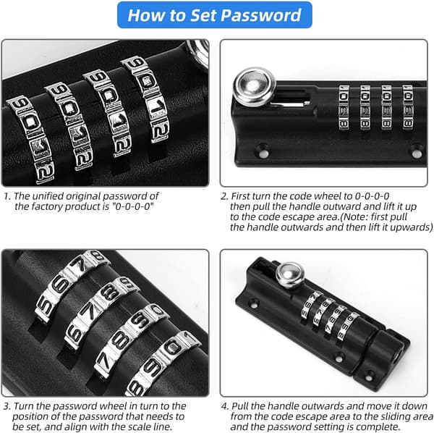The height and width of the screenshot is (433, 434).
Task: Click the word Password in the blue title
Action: pyautogui.click(x=260, y=15)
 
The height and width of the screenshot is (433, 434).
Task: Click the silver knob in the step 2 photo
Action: pyautogui.click(x=255, y=87)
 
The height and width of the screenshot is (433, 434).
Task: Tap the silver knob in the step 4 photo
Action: pyautogui.click(x=290, y=274)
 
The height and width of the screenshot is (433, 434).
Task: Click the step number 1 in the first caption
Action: pyautogui.click(x=7, y=196)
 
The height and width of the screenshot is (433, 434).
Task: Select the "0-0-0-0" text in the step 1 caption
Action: pyautogui.click(x=132, y=206)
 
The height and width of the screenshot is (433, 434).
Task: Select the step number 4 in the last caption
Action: pyautogui.click(x=225, y=406)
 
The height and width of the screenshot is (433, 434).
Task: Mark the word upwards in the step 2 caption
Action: pyautogui.click(x=410, y=227)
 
